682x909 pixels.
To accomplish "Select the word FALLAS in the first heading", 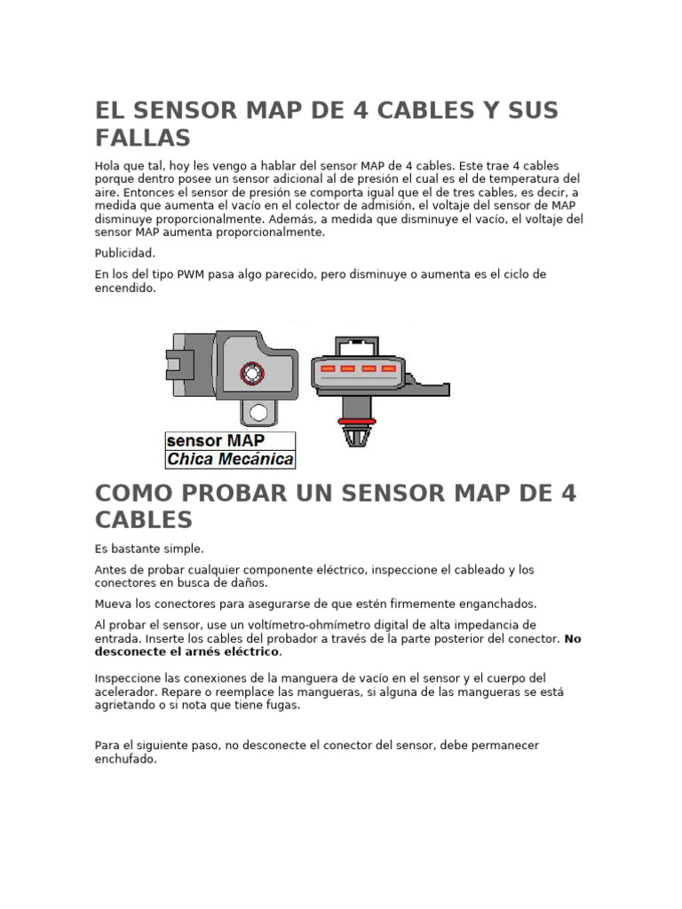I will tap(143, 138).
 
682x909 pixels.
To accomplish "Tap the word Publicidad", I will tap(124, 253).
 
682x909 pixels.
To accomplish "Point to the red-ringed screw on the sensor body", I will tap(251, 374).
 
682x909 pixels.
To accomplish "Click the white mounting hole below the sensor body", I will tap(258, 412).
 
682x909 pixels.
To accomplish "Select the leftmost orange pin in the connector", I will tap(327, 368).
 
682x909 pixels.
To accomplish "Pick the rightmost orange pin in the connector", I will tap(387, 368).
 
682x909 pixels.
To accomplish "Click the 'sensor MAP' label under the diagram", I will tap(215, 441).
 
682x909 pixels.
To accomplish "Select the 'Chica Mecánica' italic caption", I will tap(230, 459).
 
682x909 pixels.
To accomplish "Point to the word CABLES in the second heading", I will tap(143, 519).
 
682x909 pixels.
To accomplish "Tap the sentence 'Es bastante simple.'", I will tap(149, 549).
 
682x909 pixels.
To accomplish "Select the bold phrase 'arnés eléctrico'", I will tap(235, 652).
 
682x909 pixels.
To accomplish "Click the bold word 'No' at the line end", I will tap(573, 638).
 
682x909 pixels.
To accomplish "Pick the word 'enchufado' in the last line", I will tap(124, 759).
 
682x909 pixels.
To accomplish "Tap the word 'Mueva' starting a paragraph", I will tap(112, 604).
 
